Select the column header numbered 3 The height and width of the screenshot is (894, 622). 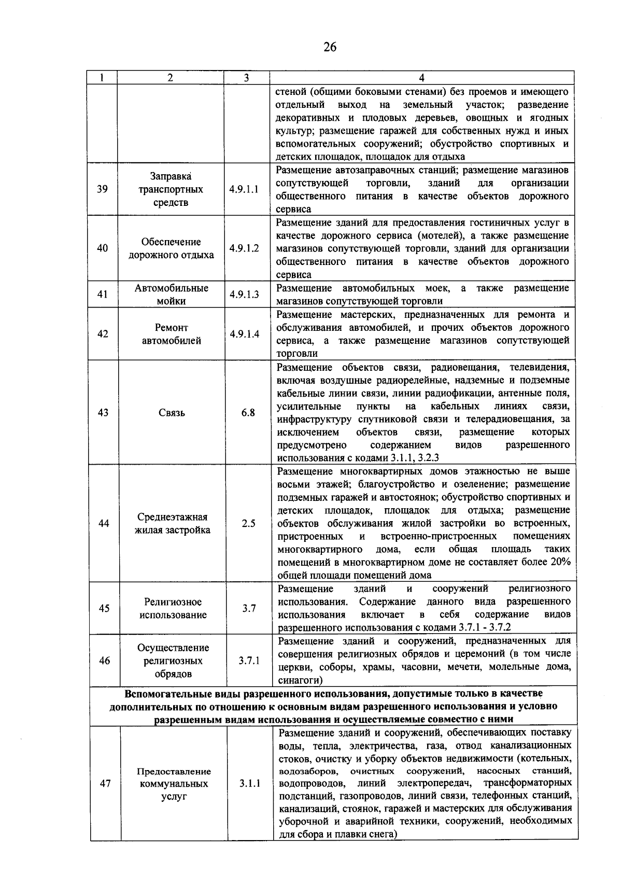[x=246, y=78]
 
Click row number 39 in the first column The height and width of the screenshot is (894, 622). [x=102, y=189]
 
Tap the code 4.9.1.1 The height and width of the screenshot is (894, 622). [x=244, y=189]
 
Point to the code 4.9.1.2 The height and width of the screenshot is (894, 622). [x=244, y=248]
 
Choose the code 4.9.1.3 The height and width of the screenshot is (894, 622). [x=244, y=295]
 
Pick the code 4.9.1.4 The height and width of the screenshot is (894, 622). [x=245, y=334]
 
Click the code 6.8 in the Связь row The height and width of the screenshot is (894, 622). [x=248, y=413]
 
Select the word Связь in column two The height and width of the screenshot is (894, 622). [x=172, y=413]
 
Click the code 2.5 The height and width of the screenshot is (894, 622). [x=248, y=524]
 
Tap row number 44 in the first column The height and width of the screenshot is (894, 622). [x=104, y=524]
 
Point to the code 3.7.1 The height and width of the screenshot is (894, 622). [x=249, y=661]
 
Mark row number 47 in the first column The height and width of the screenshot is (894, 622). [x=105, y=784]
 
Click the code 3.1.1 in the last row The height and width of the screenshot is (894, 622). [x=250, y=784]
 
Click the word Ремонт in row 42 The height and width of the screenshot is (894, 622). [x=172, y=328]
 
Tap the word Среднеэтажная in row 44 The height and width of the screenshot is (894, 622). [x=173, y=517]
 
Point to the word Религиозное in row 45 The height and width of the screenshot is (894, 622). [x=173, y=602]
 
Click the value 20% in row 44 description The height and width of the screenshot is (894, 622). [x=560, y=562]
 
